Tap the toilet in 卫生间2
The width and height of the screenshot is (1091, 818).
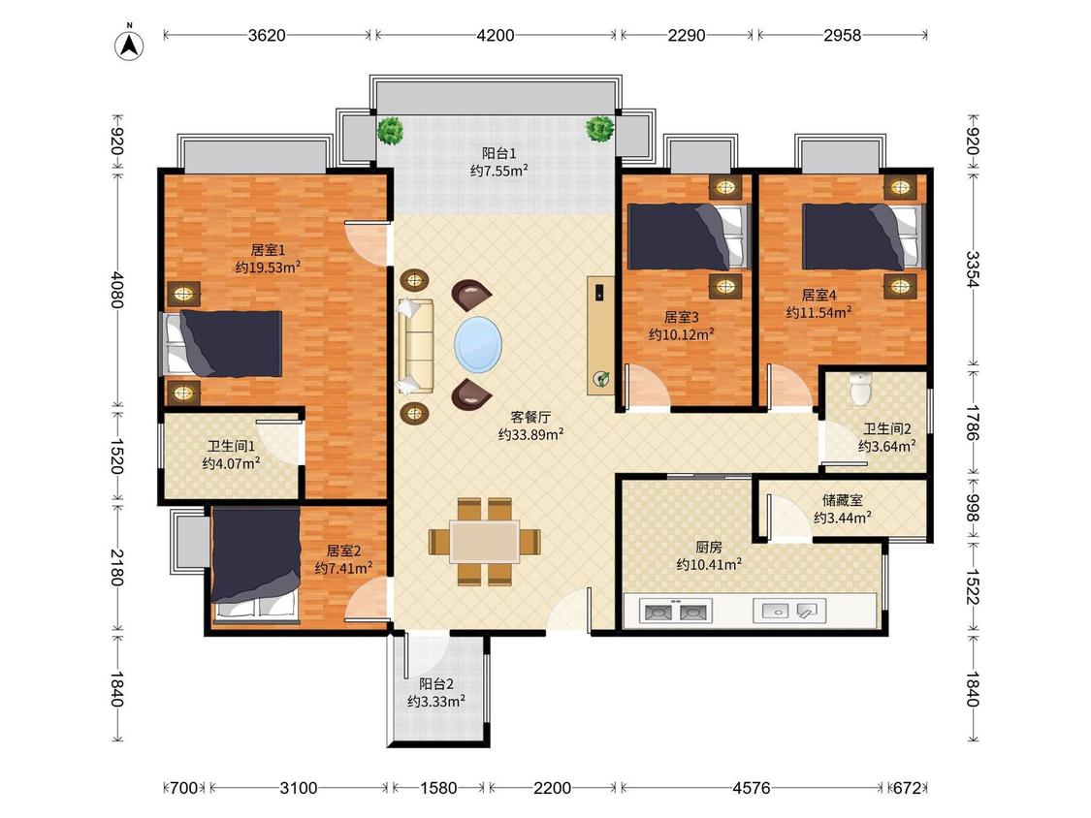coord(861,388)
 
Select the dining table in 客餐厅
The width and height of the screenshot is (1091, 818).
coord(484,541)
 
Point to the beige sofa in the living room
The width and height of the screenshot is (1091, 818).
coord(415,346)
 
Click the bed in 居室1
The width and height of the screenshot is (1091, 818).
coord(222,344)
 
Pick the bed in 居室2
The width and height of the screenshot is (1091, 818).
coord(256,563)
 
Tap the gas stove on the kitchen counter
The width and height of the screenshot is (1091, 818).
coord(676,612)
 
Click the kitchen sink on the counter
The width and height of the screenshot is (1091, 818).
coord(789,612)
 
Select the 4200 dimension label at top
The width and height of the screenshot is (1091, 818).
coord(496,35)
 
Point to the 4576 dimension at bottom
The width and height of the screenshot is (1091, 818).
coord(752,788)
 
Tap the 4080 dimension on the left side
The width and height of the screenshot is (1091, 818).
coord(117,290)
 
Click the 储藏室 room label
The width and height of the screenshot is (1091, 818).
coord(842,500)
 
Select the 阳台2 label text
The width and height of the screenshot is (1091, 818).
coord(436,684)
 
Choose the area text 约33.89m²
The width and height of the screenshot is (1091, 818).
coord(530,435)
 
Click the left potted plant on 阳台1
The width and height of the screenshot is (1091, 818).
coord(391,129)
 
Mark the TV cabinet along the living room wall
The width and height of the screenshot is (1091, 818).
coord(600,335)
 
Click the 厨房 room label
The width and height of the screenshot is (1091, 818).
coord(708,548)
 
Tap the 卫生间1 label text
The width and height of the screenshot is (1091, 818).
coord(231,446)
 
